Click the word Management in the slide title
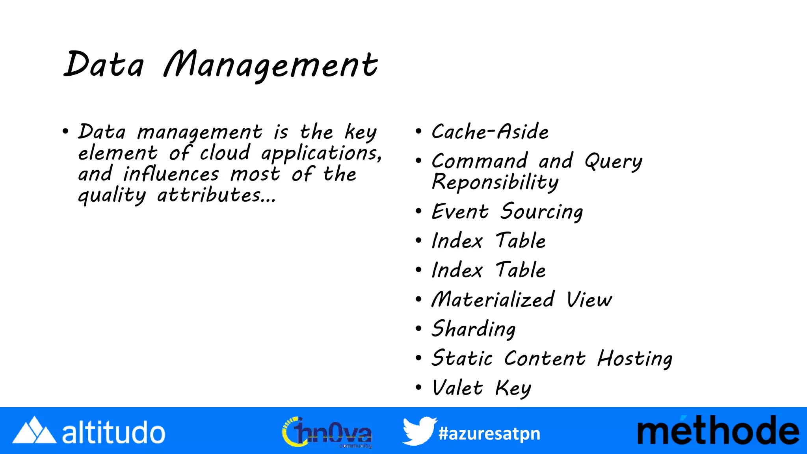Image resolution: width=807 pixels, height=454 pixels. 271,65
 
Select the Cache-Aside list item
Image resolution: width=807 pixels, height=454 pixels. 490,132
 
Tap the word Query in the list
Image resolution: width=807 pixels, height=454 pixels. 613,162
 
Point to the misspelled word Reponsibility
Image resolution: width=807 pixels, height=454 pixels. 495,182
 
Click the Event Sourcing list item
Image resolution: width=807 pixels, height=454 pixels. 507,212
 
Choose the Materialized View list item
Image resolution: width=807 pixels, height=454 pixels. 522,300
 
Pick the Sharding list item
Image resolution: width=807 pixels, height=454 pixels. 473,329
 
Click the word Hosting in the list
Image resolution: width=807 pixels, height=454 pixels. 635,359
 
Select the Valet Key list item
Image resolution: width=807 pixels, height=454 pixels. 481,388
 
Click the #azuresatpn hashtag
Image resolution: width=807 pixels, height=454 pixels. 489,434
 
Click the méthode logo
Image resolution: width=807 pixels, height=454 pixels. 718,431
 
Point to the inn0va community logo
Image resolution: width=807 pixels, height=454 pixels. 327,432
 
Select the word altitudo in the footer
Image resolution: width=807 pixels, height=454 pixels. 113,432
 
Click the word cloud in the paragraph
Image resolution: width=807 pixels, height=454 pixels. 225,153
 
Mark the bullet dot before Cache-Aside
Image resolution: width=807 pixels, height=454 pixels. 418,131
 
